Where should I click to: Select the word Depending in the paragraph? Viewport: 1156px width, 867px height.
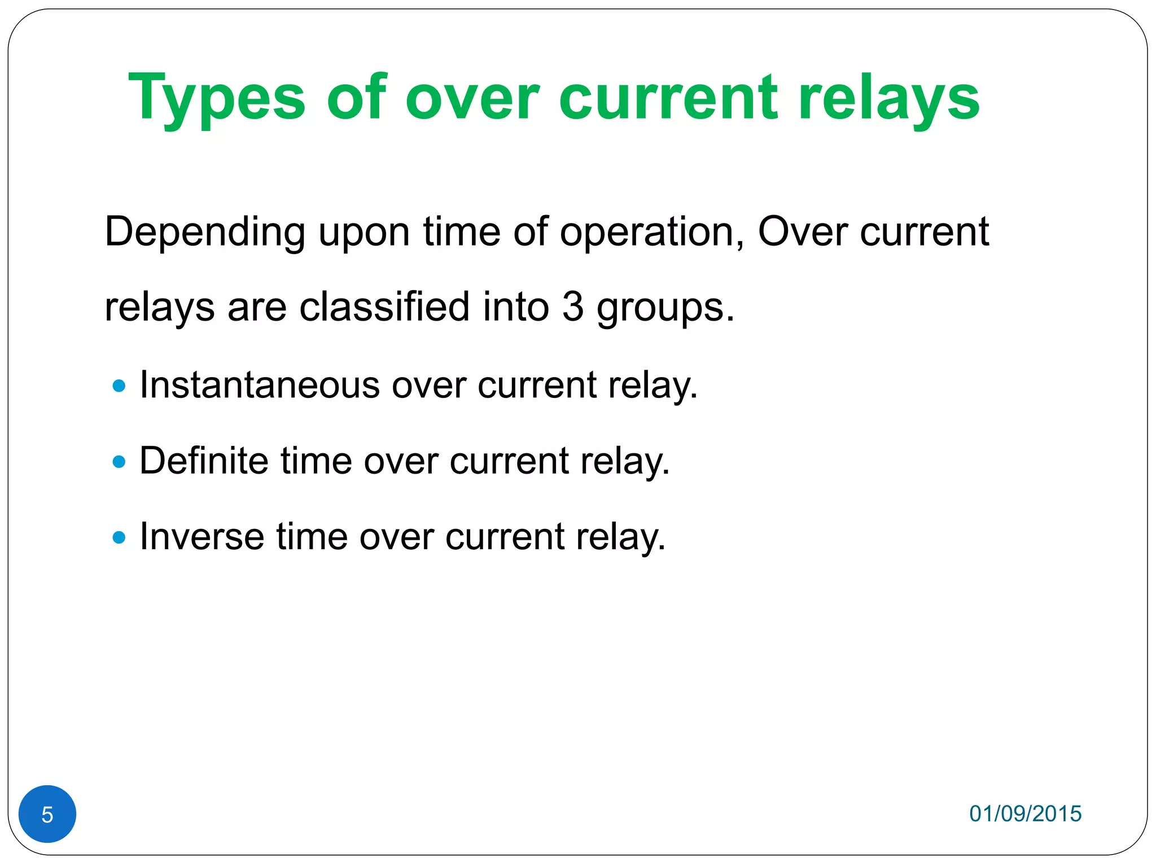tap(205, 233)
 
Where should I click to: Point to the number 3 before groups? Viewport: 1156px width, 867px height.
tap(572, 307)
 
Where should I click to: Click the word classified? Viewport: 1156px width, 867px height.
tap(384, 307)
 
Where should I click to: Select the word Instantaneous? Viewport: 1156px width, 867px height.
tap(260, 385)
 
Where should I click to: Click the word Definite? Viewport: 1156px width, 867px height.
tap(204, 461)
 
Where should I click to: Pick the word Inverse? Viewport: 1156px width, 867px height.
tap(202, 536)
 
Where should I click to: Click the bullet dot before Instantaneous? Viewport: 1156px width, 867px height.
tap(119, 386)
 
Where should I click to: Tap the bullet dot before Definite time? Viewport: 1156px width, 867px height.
tap(119, 462)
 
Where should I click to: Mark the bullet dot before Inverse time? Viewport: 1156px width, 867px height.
tap(119, 537)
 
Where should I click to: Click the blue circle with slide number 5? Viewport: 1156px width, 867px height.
tap(47, 814)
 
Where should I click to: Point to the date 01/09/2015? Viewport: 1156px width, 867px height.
tap(1025, 813)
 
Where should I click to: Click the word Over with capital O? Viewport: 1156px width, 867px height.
tap(802, 233)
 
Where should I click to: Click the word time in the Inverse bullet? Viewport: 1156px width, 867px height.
tap(311, 536)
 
